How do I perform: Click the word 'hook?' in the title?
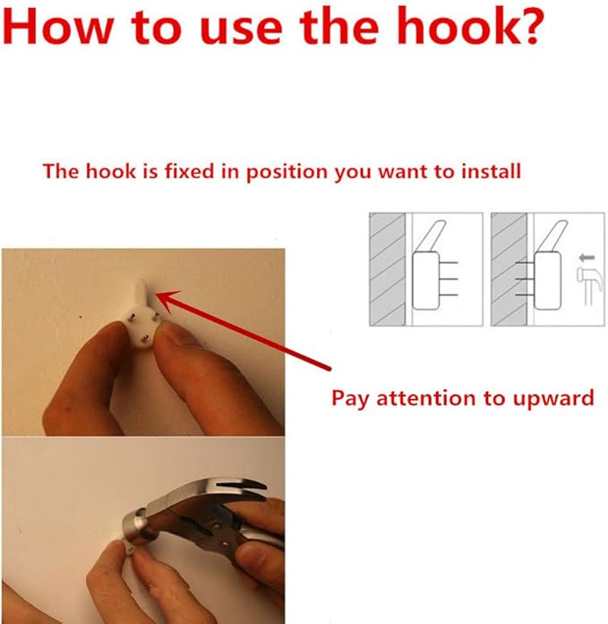470,26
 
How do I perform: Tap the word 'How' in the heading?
58,27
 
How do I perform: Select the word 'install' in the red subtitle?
491,171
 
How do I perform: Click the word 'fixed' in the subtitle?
189,171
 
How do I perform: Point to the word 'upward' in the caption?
553,399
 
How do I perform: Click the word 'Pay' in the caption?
350,399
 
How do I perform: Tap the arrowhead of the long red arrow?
167,301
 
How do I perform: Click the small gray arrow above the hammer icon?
587,258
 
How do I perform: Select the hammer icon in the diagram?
590,286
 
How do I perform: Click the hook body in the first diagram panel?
426,280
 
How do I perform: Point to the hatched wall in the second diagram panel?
510,269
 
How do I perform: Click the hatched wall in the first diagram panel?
388,269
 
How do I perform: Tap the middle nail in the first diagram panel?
449,279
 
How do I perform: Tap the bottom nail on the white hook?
145,338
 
